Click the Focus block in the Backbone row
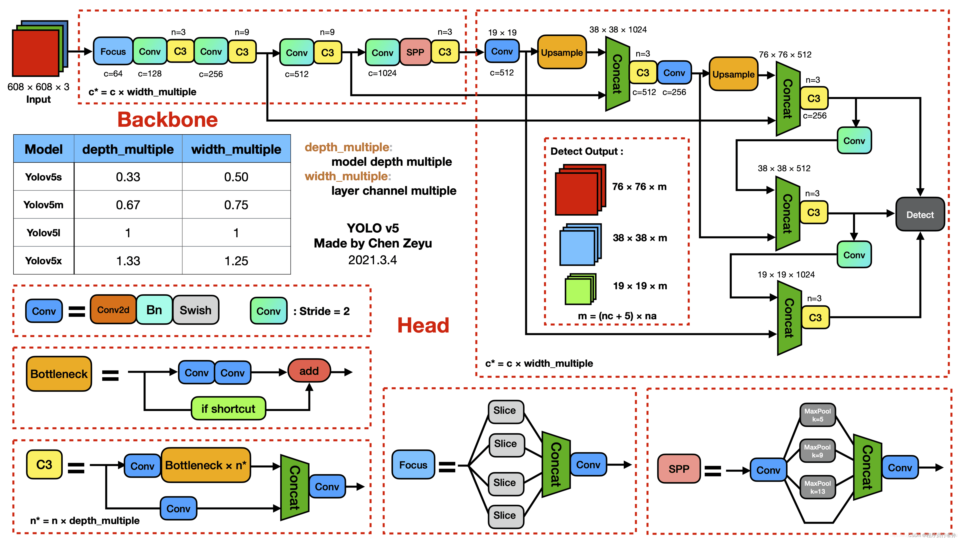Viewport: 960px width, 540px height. [113, 51]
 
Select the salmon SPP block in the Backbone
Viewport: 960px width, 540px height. [415, 52]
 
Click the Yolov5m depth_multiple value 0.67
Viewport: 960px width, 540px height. [128, 204]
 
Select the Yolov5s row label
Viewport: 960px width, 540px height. [43, 177]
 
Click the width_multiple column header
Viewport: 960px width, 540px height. [236, 149]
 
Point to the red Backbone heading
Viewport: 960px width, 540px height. [168, 120]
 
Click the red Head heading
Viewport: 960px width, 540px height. [423, 325]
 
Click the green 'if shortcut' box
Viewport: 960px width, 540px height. [228, 408]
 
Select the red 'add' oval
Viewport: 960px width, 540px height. [309, 371]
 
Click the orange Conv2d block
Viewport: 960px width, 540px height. [113, 310]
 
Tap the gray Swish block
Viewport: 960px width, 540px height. [196, 310]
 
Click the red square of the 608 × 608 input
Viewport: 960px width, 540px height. [35, 53]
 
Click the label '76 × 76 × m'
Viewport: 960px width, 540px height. [639, 186]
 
